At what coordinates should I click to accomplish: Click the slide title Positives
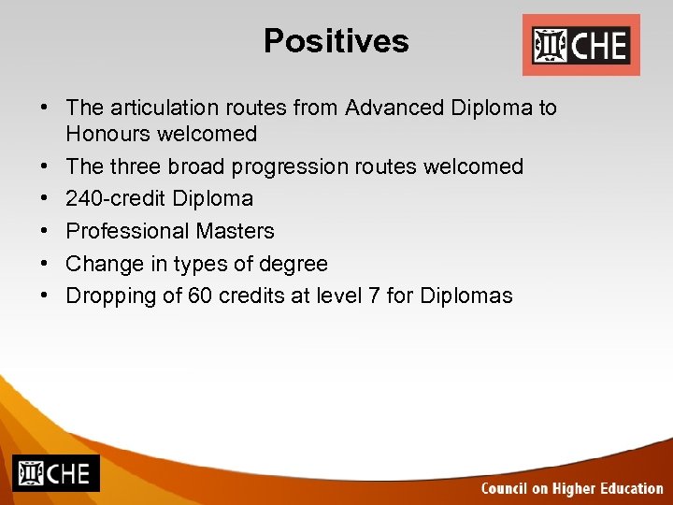coord(336,41)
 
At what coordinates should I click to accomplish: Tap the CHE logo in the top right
coord(580,45)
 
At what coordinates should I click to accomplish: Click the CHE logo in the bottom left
coord(55,473)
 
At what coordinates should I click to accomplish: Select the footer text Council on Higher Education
coord(571,488)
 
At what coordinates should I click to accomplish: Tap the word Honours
coord(107,134)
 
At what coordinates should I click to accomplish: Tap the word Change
coord(100,264)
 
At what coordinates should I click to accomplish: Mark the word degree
coord(294,264)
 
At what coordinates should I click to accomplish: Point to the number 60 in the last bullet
coord(200,296)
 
